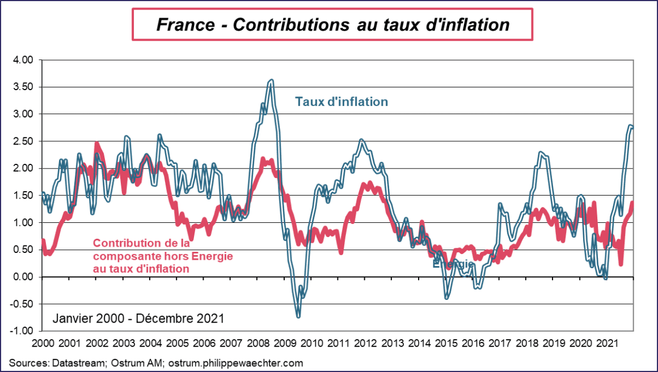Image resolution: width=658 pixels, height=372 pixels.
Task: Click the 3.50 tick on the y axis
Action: [24, 87]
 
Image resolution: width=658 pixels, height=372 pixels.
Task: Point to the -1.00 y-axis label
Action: [24, 331]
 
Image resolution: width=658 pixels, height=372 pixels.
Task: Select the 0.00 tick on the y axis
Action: [24, 277]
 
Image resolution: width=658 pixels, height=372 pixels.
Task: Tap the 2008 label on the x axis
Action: [258, 344]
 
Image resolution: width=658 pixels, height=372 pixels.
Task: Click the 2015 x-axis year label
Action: [446, 344]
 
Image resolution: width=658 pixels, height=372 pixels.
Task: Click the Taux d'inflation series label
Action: [341, 102]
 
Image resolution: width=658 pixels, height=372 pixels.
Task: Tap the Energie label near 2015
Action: [453, 264]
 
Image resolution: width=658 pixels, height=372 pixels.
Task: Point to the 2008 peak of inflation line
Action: [271, 81]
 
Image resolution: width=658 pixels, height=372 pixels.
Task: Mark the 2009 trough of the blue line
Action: [298, 315]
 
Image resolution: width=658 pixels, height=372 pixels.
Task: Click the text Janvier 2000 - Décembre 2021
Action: [138, 319]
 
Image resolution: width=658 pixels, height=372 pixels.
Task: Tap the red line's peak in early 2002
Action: [96, 145]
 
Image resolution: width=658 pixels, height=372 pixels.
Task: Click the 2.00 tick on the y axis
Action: [24, 168]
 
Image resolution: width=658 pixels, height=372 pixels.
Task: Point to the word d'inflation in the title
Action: [468, 25]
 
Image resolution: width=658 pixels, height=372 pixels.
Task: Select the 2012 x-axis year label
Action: [365, 344]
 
